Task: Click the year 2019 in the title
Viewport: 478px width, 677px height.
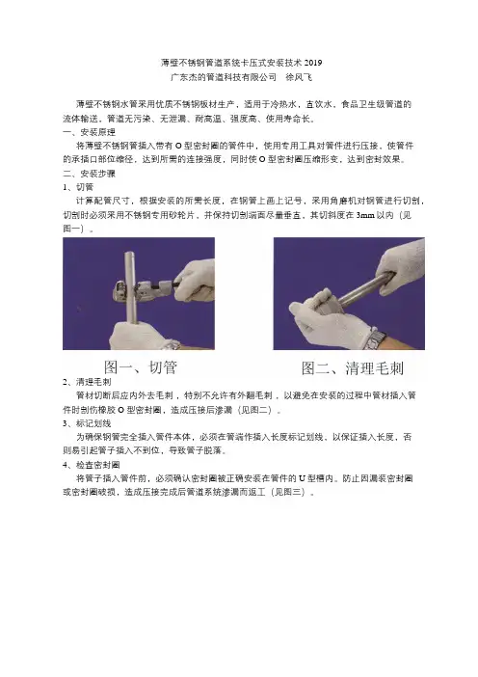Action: [313, 63]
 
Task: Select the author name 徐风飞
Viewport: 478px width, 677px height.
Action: [299, 78]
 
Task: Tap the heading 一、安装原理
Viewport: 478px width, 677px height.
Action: [90, 132]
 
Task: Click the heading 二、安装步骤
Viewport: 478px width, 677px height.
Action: [90, 174]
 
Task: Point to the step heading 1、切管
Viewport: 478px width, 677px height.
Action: [78, 187]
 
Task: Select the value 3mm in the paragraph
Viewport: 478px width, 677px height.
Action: [365, 215]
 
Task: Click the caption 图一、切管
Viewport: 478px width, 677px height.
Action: [140, 367]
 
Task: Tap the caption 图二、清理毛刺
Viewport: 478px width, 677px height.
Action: [353, 368]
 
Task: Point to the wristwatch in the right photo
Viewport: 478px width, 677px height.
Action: [374, 339]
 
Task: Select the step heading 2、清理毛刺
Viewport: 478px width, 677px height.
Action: [87, 382]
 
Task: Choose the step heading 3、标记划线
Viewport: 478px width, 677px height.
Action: [87, 423]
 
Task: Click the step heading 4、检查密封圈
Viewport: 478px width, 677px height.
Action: [92, 465]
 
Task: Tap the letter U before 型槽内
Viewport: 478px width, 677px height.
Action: [302, 479]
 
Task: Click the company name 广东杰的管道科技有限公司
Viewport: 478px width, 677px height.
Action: [224, 78]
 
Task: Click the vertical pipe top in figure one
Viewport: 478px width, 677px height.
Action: [129, 255]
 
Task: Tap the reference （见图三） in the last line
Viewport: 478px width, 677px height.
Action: [289, 492]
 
